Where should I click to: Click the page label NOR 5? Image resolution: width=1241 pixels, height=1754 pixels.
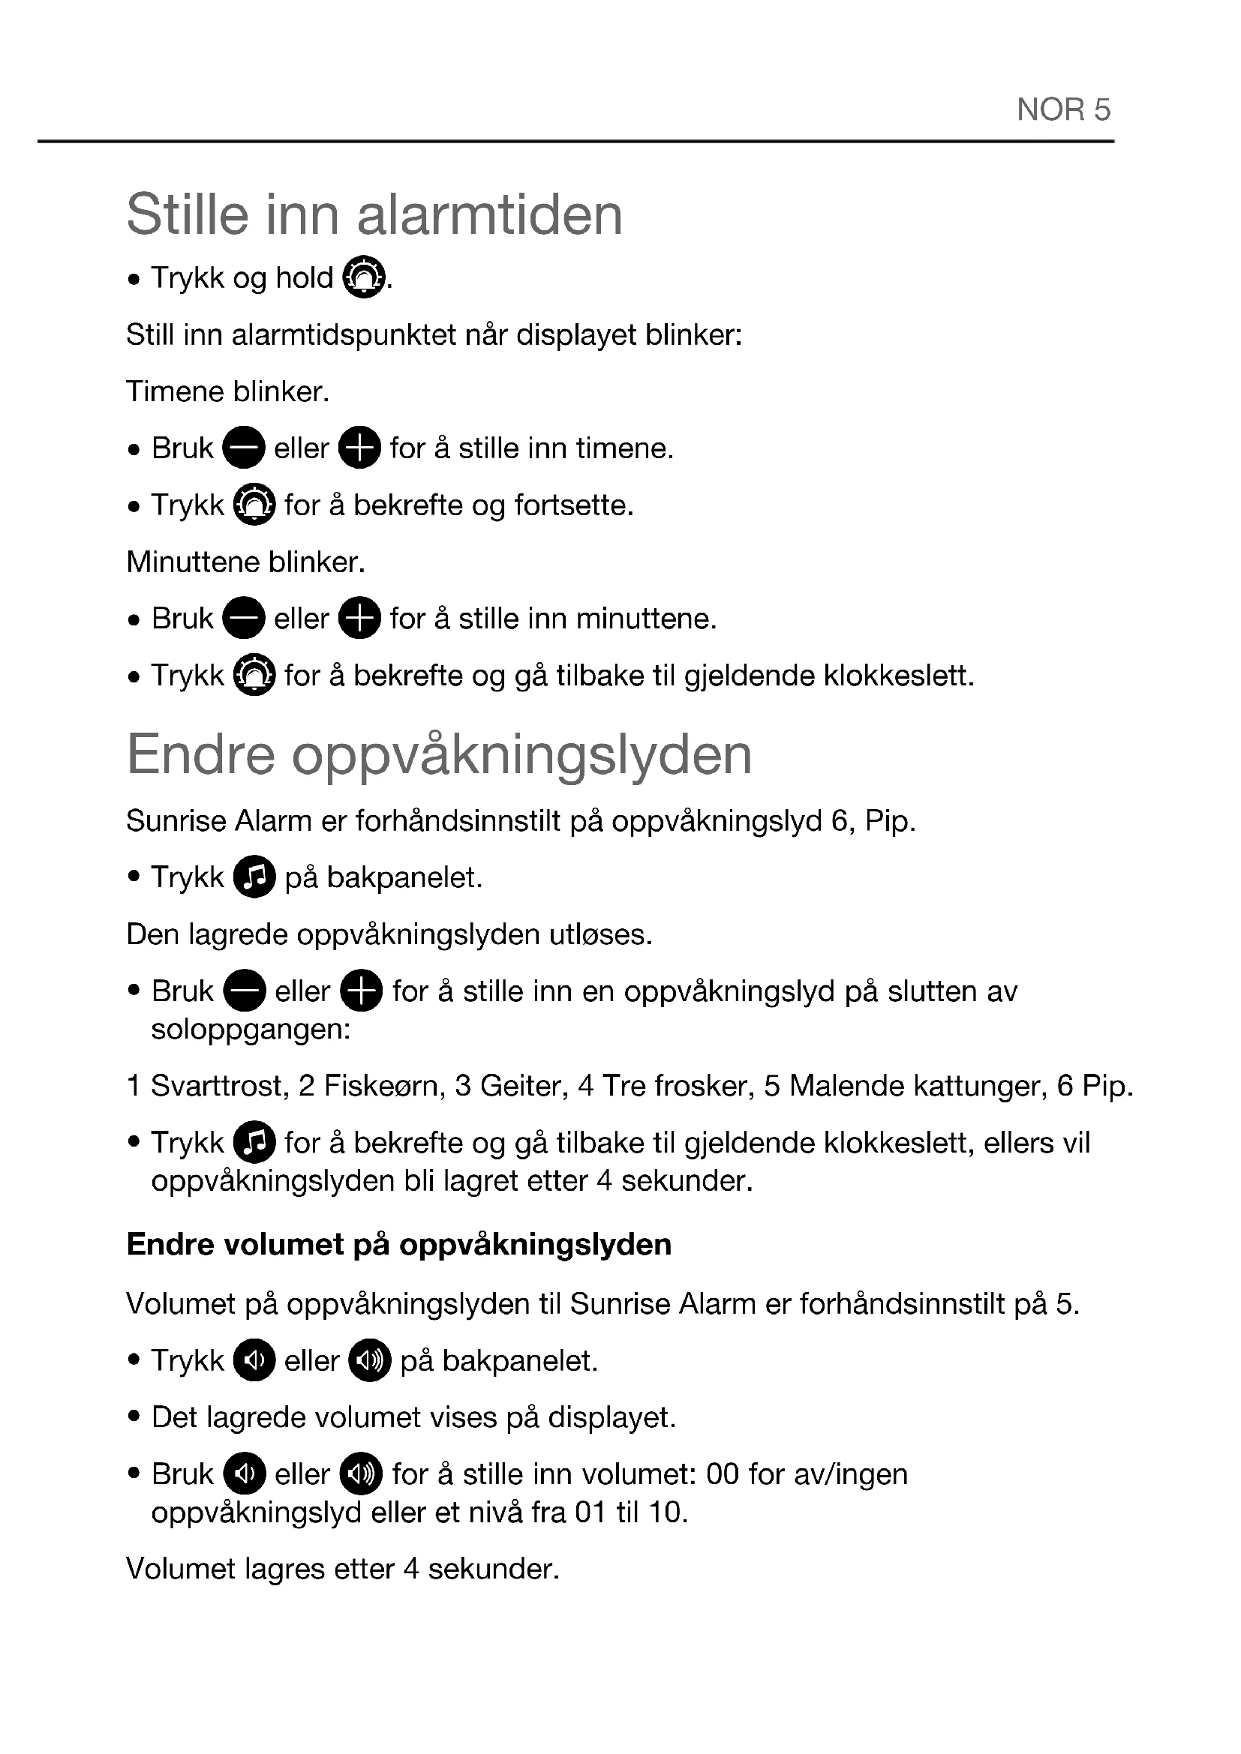click(x=1063, y=110)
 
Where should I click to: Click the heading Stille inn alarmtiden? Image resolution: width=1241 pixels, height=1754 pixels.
click(x=374, y=214)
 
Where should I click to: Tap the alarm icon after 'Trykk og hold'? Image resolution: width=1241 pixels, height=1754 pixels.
click(x=363, y=277)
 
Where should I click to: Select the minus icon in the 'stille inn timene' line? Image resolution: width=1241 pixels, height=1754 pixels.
click(x=244, y=448)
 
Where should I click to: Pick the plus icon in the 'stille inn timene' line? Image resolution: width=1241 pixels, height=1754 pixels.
click(x=359, y=448)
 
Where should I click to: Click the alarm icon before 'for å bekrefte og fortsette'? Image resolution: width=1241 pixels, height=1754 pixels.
click(x=254, y=505)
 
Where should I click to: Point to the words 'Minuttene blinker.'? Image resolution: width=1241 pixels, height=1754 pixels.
click(x=246, y=562)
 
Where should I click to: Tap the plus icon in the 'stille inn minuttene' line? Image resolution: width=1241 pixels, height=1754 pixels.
click(x=359, y=618)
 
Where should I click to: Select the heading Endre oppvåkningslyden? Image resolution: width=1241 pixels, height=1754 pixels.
click(x=440, y=755)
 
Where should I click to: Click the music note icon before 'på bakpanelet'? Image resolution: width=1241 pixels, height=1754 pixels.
click(x=254, y=877)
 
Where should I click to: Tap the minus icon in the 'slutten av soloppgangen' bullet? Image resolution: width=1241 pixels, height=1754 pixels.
click(x=245, y=991)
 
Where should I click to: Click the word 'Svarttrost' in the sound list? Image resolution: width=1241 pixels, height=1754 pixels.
click(x=219, y=1086)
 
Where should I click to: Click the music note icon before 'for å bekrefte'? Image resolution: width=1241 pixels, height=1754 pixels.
click(x=254, y=1143)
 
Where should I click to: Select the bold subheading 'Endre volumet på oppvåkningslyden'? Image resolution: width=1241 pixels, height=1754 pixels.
click(x=399, y=1245)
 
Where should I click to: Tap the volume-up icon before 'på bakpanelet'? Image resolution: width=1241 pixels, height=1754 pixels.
click(x=370, y=1360)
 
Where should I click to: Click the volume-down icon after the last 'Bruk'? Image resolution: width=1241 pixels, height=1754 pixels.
click(x=245, y=1474)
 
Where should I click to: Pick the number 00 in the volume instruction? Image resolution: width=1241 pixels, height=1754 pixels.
click(x=722, y=1474)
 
